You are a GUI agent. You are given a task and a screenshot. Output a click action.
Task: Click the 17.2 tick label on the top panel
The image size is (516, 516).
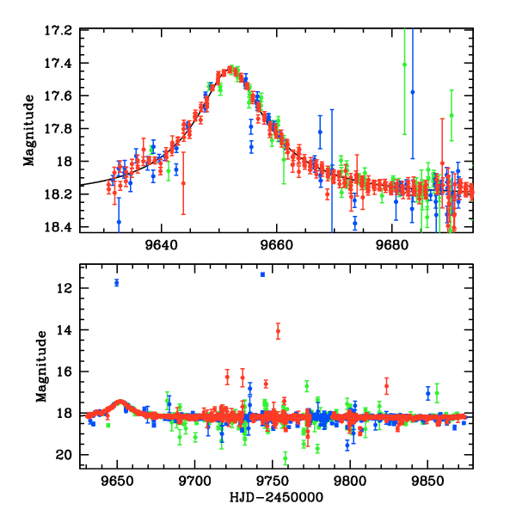(61, 30)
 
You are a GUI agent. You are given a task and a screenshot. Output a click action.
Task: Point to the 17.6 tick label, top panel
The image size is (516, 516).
(61, 96)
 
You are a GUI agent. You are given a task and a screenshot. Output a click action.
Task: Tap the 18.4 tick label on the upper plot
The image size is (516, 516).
(61, 227)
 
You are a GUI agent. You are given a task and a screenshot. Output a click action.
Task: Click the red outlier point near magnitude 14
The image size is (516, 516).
(278, 331)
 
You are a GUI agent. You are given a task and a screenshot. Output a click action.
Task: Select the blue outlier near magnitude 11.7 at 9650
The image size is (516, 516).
(116, 283)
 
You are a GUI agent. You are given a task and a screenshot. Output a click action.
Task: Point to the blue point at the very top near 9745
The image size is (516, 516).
(262, 274)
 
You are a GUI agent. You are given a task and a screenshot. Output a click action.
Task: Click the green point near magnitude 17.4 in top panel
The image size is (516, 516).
(404, 64)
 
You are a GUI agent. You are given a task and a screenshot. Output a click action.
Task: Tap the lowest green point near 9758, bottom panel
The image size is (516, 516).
(286, 458)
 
